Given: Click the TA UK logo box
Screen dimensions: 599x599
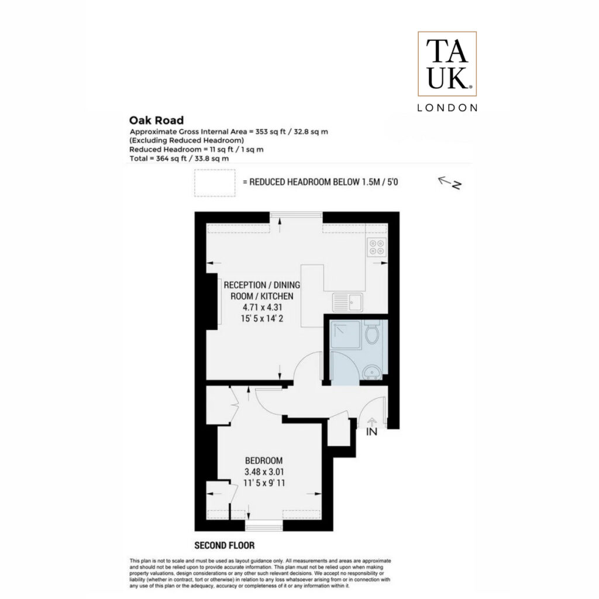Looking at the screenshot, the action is [447, 64].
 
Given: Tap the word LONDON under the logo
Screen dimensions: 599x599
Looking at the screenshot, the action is [447, 108].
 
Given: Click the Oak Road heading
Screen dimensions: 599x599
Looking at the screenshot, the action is [156, 121].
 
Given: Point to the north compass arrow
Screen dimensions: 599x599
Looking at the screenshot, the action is [450, 183].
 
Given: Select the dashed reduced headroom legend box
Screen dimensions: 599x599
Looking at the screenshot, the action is [215, 183].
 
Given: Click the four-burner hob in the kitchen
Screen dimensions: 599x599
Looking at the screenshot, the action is [377, 246].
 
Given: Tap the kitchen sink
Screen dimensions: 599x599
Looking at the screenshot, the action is [347, 302].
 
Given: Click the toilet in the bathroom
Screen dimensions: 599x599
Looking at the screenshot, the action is [371, 332].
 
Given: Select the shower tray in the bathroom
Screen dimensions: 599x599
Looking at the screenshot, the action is [345, 335].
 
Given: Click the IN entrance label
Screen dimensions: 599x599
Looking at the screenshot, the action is [371, 432].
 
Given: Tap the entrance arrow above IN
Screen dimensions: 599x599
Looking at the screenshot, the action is [372, 421].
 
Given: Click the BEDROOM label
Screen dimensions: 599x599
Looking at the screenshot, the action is [264, 461].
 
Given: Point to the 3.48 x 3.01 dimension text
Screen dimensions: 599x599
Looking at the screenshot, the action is [264, 472].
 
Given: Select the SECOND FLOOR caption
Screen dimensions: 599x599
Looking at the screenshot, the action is [224, 546].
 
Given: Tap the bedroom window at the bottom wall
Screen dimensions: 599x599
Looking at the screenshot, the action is [264, 528].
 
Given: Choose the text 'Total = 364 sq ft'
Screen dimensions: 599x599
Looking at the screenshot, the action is [158, 159].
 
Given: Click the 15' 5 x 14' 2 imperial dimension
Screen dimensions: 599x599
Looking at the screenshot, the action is [262, 318].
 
